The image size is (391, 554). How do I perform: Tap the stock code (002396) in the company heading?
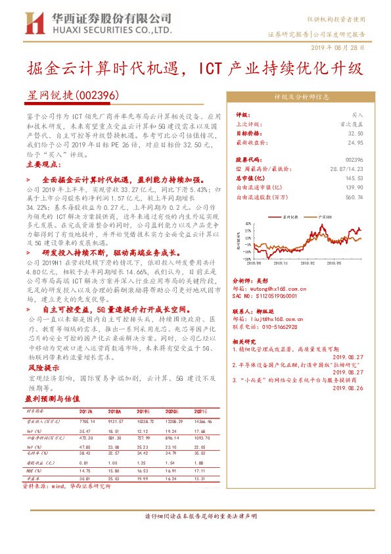pyautogui.click(x=98, y=95)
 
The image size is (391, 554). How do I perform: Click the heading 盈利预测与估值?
pyautogui.click(x=53, y=398)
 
